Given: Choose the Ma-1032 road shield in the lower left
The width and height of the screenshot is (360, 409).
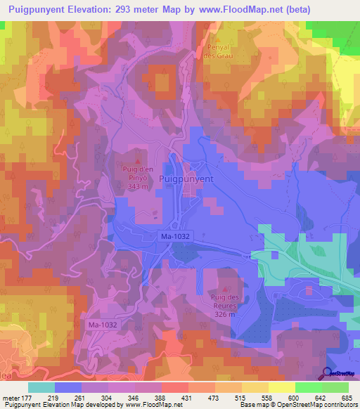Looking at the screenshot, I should [102, 325].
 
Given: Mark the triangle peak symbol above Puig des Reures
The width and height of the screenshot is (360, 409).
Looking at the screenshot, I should [225, 288].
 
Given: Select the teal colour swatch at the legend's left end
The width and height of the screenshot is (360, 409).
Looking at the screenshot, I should [41, 387].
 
